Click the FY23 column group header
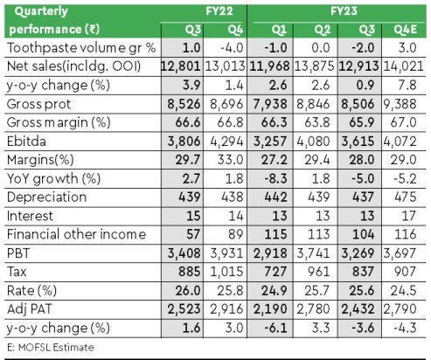pyautogui.click(x=344, y=11)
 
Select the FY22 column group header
pyautogui.click(x=219, y=11)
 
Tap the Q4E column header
pyautogui.click(x=405, y=30)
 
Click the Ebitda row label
pyautogui.click(x=26, y=142)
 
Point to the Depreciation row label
pyautogui.click(x=46, y=197)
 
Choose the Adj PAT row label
pyautogui.click(x=30, y=309)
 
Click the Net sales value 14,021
pyautogui.click(x=403, y=66)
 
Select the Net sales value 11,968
pyautogui.click(x=269, y=66)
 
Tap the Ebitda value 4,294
pyautogui.click(x=226, y=142)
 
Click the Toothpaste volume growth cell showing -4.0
pyautogui.click(x=232, y=48)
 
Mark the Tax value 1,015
pyautogui.click(x=226, y=272)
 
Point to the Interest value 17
pyautogui.click(x=408, y=216)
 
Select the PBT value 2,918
pyautogui.click(x=270, y=253)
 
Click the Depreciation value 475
pyautogui.click(x=406, y=197)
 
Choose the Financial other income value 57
pyautogui.click(x=193, y=234)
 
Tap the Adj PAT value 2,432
pyautogui.click(x=358, y=309)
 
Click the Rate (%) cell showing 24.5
pyautogui.click(x=404, y=291)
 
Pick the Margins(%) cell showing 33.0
pyautogui.click(x=230, y=160)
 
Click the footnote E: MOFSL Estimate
pyautogui.click(x=51, y=348)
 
